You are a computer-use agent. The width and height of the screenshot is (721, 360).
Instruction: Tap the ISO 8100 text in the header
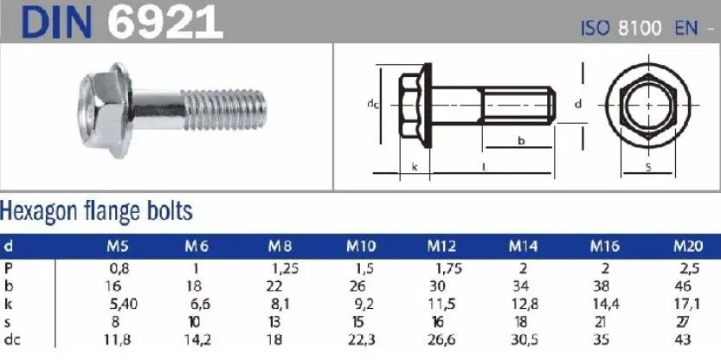point(621,29)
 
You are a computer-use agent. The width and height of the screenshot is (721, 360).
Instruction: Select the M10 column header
point(361,247)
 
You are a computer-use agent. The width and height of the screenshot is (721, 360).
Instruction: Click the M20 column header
point(688,247)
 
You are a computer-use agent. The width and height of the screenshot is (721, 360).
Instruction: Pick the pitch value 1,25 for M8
point(285,268)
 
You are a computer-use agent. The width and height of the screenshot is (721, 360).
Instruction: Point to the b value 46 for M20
point(684,286)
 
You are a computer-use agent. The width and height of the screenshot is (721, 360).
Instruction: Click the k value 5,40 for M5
point(124,304)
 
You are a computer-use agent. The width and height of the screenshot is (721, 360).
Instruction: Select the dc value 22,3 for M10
point(362,340)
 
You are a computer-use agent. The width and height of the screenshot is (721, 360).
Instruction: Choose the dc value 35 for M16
point(602,340)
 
